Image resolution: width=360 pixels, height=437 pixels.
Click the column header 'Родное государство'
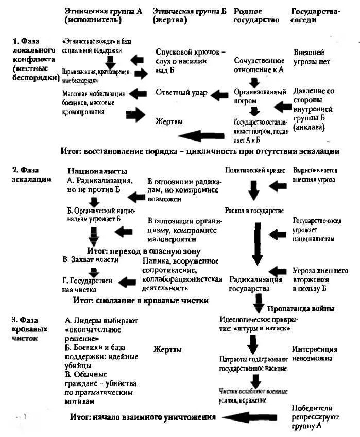click(x=256, y=15)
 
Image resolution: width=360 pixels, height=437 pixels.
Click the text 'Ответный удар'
click(x=181, y=93)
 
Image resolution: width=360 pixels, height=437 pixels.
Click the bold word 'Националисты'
click(x=97, y=171)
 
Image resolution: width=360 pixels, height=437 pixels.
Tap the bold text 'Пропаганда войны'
click(x=301, y=308)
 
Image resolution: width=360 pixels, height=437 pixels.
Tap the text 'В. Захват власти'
click(x=91, y=260)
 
